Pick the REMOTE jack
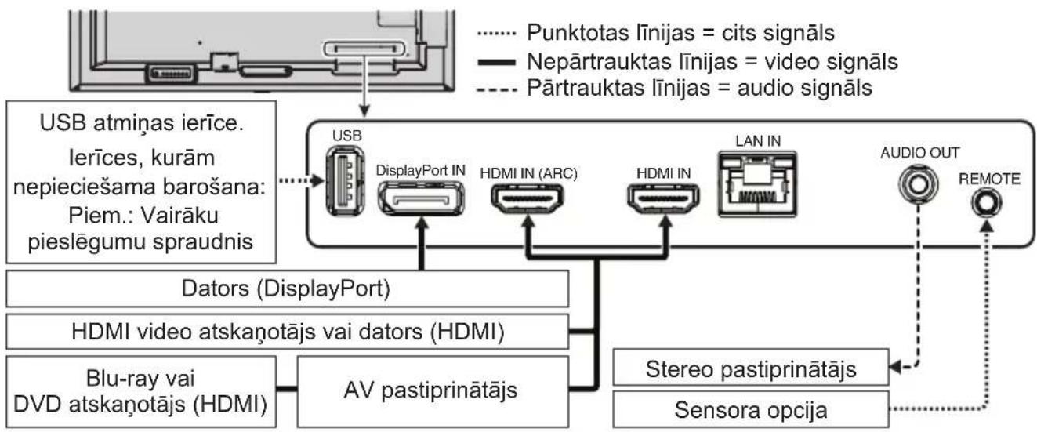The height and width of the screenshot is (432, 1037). pyautogui.click(x=984, y=205)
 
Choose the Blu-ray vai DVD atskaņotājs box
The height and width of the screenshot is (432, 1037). pyautogui.click(x=141, y=390)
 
